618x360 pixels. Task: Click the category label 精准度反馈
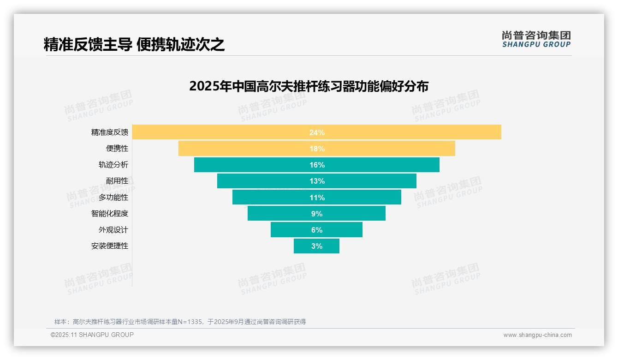click(110, 132)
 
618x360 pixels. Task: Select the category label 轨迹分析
click(113, 165)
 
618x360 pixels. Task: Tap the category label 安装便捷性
click(110, 246)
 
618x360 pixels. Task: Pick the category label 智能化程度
click(110, 214)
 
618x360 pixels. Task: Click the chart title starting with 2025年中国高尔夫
click(309, 86)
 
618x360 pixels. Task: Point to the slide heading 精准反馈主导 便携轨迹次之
click(134, 44)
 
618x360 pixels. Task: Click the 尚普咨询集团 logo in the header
click(536, 39)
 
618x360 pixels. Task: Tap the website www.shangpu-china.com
click(537, 335)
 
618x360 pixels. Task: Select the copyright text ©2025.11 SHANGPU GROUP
click(92, 335)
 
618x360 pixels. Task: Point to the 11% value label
click(317, 198)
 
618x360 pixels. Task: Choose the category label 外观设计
click(113, 230)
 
